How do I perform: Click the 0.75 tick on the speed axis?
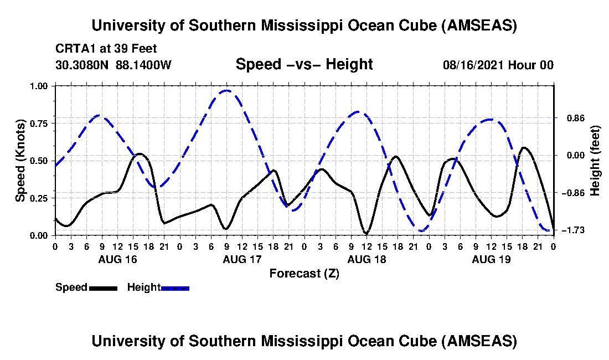point(40,123)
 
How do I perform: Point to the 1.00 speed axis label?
point(40,86)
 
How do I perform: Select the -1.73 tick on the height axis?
point(570,230)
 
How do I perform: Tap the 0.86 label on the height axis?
point(570,118)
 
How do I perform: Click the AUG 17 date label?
point(242,259)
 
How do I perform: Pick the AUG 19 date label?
point(491,259)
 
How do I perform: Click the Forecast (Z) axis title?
point(304,273)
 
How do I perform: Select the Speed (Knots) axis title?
point(20,161)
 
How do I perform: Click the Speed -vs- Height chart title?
point(304,64)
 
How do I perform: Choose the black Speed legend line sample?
point(102,288)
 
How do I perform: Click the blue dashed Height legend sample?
point(175,288)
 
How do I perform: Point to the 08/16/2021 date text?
point(471,65)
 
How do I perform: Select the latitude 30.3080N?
point(82,65)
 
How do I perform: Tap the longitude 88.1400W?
point(144,65)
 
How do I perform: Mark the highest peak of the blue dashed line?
point(226,90)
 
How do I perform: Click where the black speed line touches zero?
point(366,234)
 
